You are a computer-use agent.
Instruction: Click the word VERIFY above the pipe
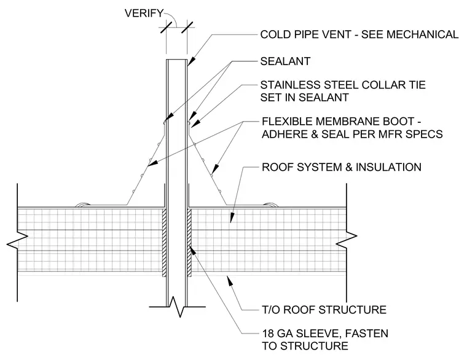[x=144, y=14]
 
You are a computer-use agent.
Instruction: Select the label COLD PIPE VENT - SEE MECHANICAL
[x=359, y=34]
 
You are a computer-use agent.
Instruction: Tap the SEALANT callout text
[x=285, y=61]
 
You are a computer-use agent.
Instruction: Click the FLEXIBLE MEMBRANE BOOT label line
[x=341, y=122]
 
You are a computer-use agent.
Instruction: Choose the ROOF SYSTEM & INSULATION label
[x=342, y=167]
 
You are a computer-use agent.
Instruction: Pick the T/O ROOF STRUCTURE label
[x=324, y=310]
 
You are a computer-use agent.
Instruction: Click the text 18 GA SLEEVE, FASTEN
[x=325, y=333]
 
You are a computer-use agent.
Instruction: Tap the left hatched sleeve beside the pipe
[x=164, y=243]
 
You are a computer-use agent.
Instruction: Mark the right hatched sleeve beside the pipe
[x=189, y=243]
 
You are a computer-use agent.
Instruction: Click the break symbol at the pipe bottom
[x=177, y=306]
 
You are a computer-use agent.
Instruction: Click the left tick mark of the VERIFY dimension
[x=166, y=28]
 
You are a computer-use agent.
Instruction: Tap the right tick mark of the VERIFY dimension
[x=187, y=28]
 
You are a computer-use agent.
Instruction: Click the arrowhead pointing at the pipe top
[x=191, y=61]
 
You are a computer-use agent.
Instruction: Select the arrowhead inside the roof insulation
[x=232, y=218]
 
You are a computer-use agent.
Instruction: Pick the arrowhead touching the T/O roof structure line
[x=229, y=281]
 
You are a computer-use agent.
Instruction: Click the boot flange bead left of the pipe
[x=83, y=205]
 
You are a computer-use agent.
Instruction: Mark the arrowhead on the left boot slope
[x=152, y=163]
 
